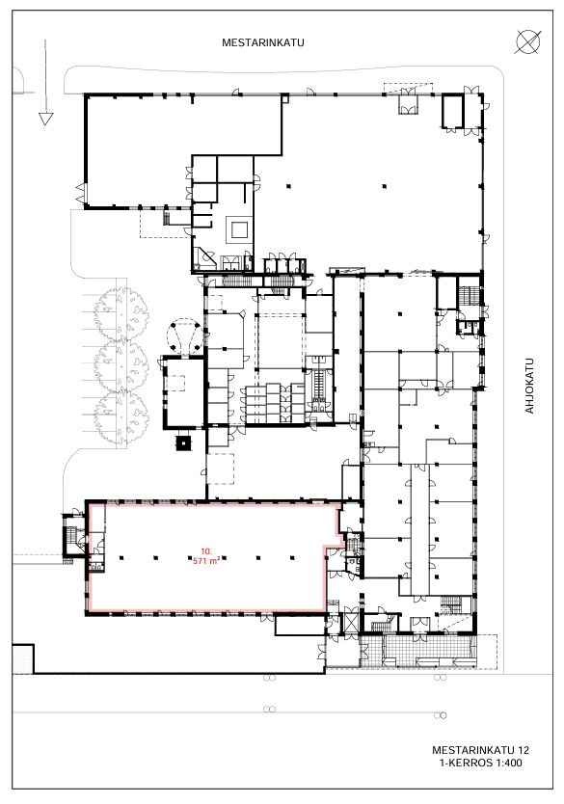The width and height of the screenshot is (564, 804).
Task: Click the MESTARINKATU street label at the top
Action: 262,42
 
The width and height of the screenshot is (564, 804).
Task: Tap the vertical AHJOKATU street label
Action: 529,386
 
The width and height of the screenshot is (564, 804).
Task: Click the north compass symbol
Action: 527,42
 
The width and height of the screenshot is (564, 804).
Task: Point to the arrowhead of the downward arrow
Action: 45,119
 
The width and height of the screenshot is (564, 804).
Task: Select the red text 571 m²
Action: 206,561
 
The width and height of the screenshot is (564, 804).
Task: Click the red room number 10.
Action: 206,551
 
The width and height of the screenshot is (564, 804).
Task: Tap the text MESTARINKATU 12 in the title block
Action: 480,750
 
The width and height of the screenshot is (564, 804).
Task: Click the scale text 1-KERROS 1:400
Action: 480,763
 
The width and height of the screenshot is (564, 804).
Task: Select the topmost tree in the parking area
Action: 121,314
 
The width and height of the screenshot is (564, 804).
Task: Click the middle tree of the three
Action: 121,365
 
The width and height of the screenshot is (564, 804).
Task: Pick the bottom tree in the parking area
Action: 121,417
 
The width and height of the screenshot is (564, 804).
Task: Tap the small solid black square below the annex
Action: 183,442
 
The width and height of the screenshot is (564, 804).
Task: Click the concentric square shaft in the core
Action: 239,229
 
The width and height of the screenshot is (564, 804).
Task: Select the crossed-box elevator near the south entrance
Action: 352,621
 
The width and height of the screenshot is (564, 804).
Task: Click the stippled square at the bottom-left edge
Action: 22,658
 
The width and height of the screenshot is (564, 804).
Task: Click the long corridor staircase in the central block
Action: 319,385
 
